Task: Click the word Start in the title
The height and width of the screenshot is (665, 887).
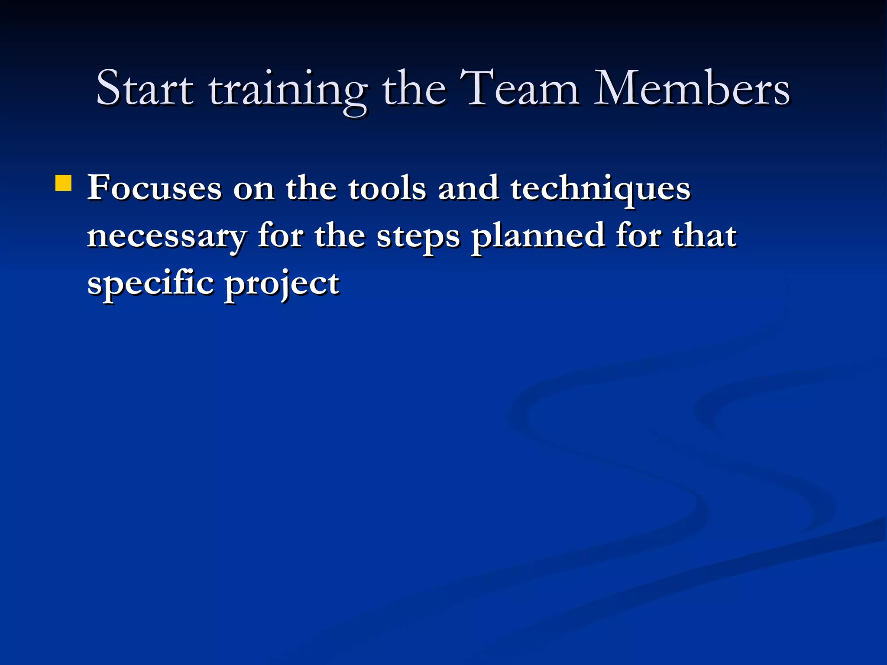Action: point(145,88)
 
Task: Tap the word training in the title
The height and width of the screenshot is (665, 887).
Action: point(288,91)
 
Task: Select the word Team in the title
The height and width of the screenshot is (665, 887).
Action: point(519,88)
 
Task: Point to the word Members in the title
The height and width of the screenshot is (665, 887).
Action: point(692,88)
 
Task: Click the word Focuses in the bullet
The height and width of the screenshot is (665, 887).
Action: point(154,188)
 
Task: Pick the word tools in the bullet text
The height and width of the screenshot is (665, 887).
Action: point(387,188)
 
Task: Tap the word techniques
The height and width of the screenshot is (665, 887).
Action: point(600,190)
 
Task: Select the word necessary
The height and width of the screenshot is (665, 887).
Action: point(167,237)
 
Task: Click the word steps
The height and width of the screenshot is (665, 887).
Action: point(418,237)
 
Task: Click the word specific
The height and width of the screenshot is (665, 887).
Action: point(150,284)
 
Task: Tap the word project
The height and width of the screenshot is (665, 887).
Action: point(282,284)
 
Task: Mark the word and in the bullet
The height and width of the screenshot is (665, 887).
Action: point(468,188)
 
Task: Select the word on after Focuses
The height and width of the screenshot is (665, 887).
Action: point(253,189)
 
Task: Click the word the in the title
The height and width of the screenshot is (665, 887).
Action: point(414,88)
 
